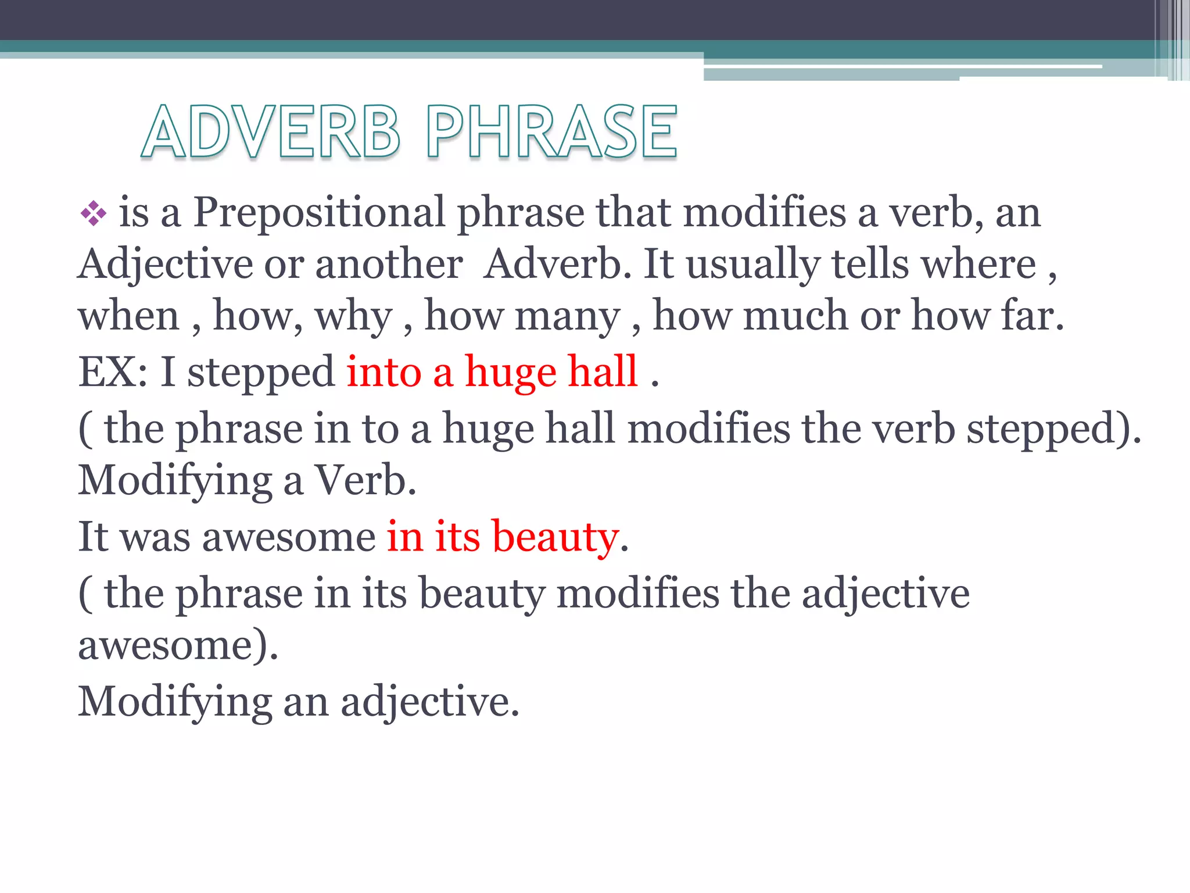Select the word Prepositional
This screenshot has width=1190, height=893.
point(319,213)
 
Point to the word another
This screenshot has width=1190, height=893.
point(389,265)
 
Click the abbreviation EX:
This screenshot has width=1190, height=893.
point(113,372)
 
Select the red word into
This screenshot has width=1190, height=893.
point(383,372)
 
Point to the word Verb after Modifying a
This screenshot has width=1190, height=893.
point(365,481)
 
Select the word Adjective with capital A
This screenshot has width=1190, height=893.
point(165,265)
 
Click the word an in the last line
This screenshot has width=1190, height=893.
point(306,702)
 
